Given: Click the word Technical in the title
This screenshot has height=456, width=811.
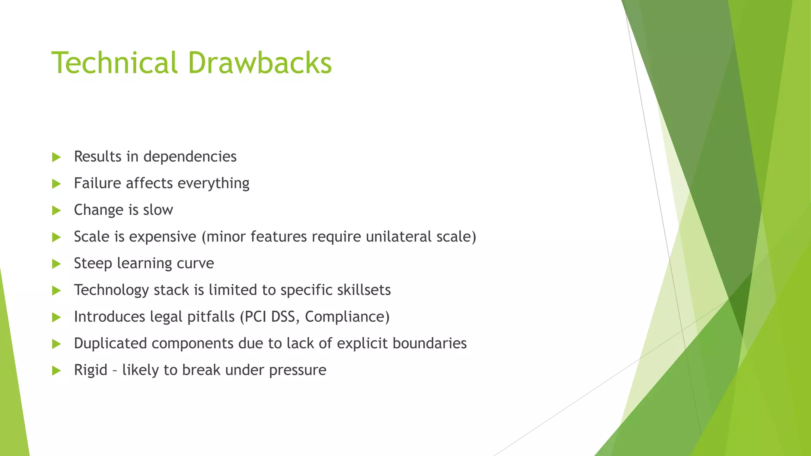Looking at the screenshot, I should (114, 63).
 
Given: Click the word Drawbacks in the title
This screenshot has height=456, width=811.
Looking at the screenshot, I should (260, 63).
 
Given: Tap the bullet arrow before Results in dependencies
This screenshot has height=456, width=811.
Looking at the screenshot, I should (56, 157).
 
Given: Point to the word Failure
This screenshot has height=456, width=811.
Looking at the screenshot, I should (97, 183).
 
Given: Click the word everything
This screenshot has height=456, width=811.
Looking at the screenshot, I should (213, 184).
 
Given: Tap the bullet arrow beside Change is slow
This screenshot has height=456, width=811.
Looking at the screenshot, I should (56, 210).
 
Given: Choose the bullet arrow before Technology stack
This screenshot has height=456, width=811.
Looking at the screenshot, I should (56, 291).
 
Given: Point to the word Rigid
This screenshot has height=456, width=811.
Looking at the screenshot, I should (91, 370).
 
